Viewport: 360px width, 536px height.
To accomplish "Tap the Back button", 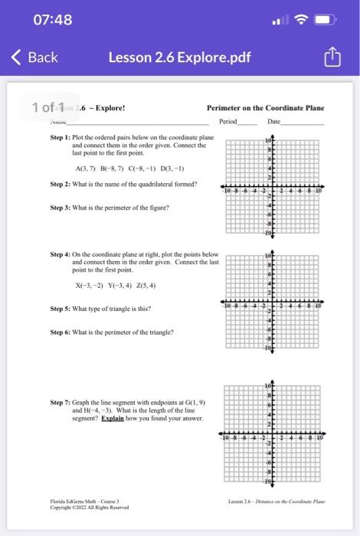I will click(34, 57).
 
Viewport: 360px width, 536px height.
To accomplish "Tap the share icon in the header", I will click(331, 57).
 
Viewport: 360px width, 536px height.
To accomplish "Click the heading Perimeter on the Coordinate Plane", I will click(265, 109).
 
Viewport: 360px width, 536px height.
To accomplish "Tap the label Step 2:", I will click(61, 184).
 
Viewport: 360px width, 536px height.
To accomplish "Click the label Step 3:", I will click(61, 208).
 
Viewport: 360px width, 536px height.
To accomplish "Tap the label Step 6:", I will click(61, 332).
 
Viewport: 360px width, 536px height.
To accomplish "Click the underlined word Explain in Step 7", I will click(112, 418).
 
